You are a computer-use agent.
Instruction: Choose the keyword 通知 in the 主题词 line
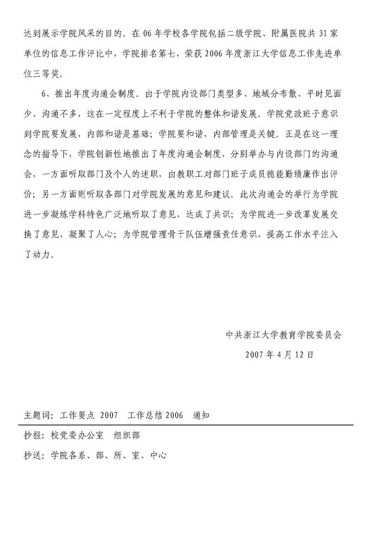point(201,415)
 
